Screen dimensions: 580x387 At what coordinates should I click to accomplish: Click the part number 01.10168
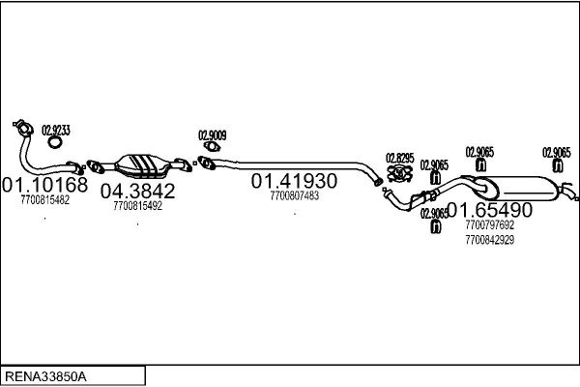(x=44, y=184)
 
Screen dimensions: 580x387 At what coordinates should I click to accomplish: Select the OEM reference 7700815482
(x=45, y=200)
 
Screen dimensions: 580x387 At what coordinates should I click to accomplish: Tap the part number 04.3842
(x=137, y=191)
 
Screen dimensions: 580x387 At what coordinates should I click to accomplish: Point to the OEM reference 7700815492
(x=137, y=206)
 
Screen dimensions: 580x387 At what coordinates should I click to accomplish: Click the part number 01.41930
(x=294, y=181)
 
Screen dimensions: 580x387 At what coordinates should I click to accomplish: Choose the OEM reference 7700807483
(x=295, y=195)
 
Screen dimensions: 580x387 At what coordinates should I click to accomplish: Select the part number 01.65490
(x=490, y=210)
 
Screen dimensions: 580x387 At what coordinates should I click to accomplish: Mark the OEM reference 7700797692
(x=490, y=224)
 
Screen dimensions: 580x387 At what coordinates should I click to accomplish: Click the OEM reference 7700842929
(x=490, y=240)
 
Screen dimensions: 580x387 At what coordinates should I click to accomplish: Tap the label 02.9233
(x=56, y=131)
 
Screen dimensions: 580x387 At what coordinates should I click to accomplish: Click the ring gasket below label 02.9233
(x=55, y=142)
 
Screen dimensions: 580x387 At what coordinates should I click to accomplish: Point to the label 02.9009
(x=213, y=135)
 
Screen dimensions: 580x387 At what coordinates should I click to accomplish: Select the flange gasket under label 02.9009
(x=212, y=147)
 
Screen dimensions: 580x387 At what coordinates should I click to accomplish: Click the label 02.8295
(x=400, y=158)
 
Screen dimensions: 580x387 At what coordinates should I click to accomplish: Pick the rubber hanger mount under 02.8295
(x=399, y=174)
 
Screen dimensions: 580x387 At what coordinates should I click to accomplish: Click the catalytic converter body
(x=142, y=165)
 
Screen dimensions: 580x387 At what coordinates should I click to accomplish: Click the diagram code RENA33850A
(x=46, y=376)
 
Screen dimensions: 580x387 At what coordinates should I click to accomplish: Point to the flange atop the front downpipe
(x=23, y=128)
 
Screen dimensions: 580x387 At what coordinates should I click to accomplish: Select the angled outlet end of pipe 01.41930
(x=378, y=182)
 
